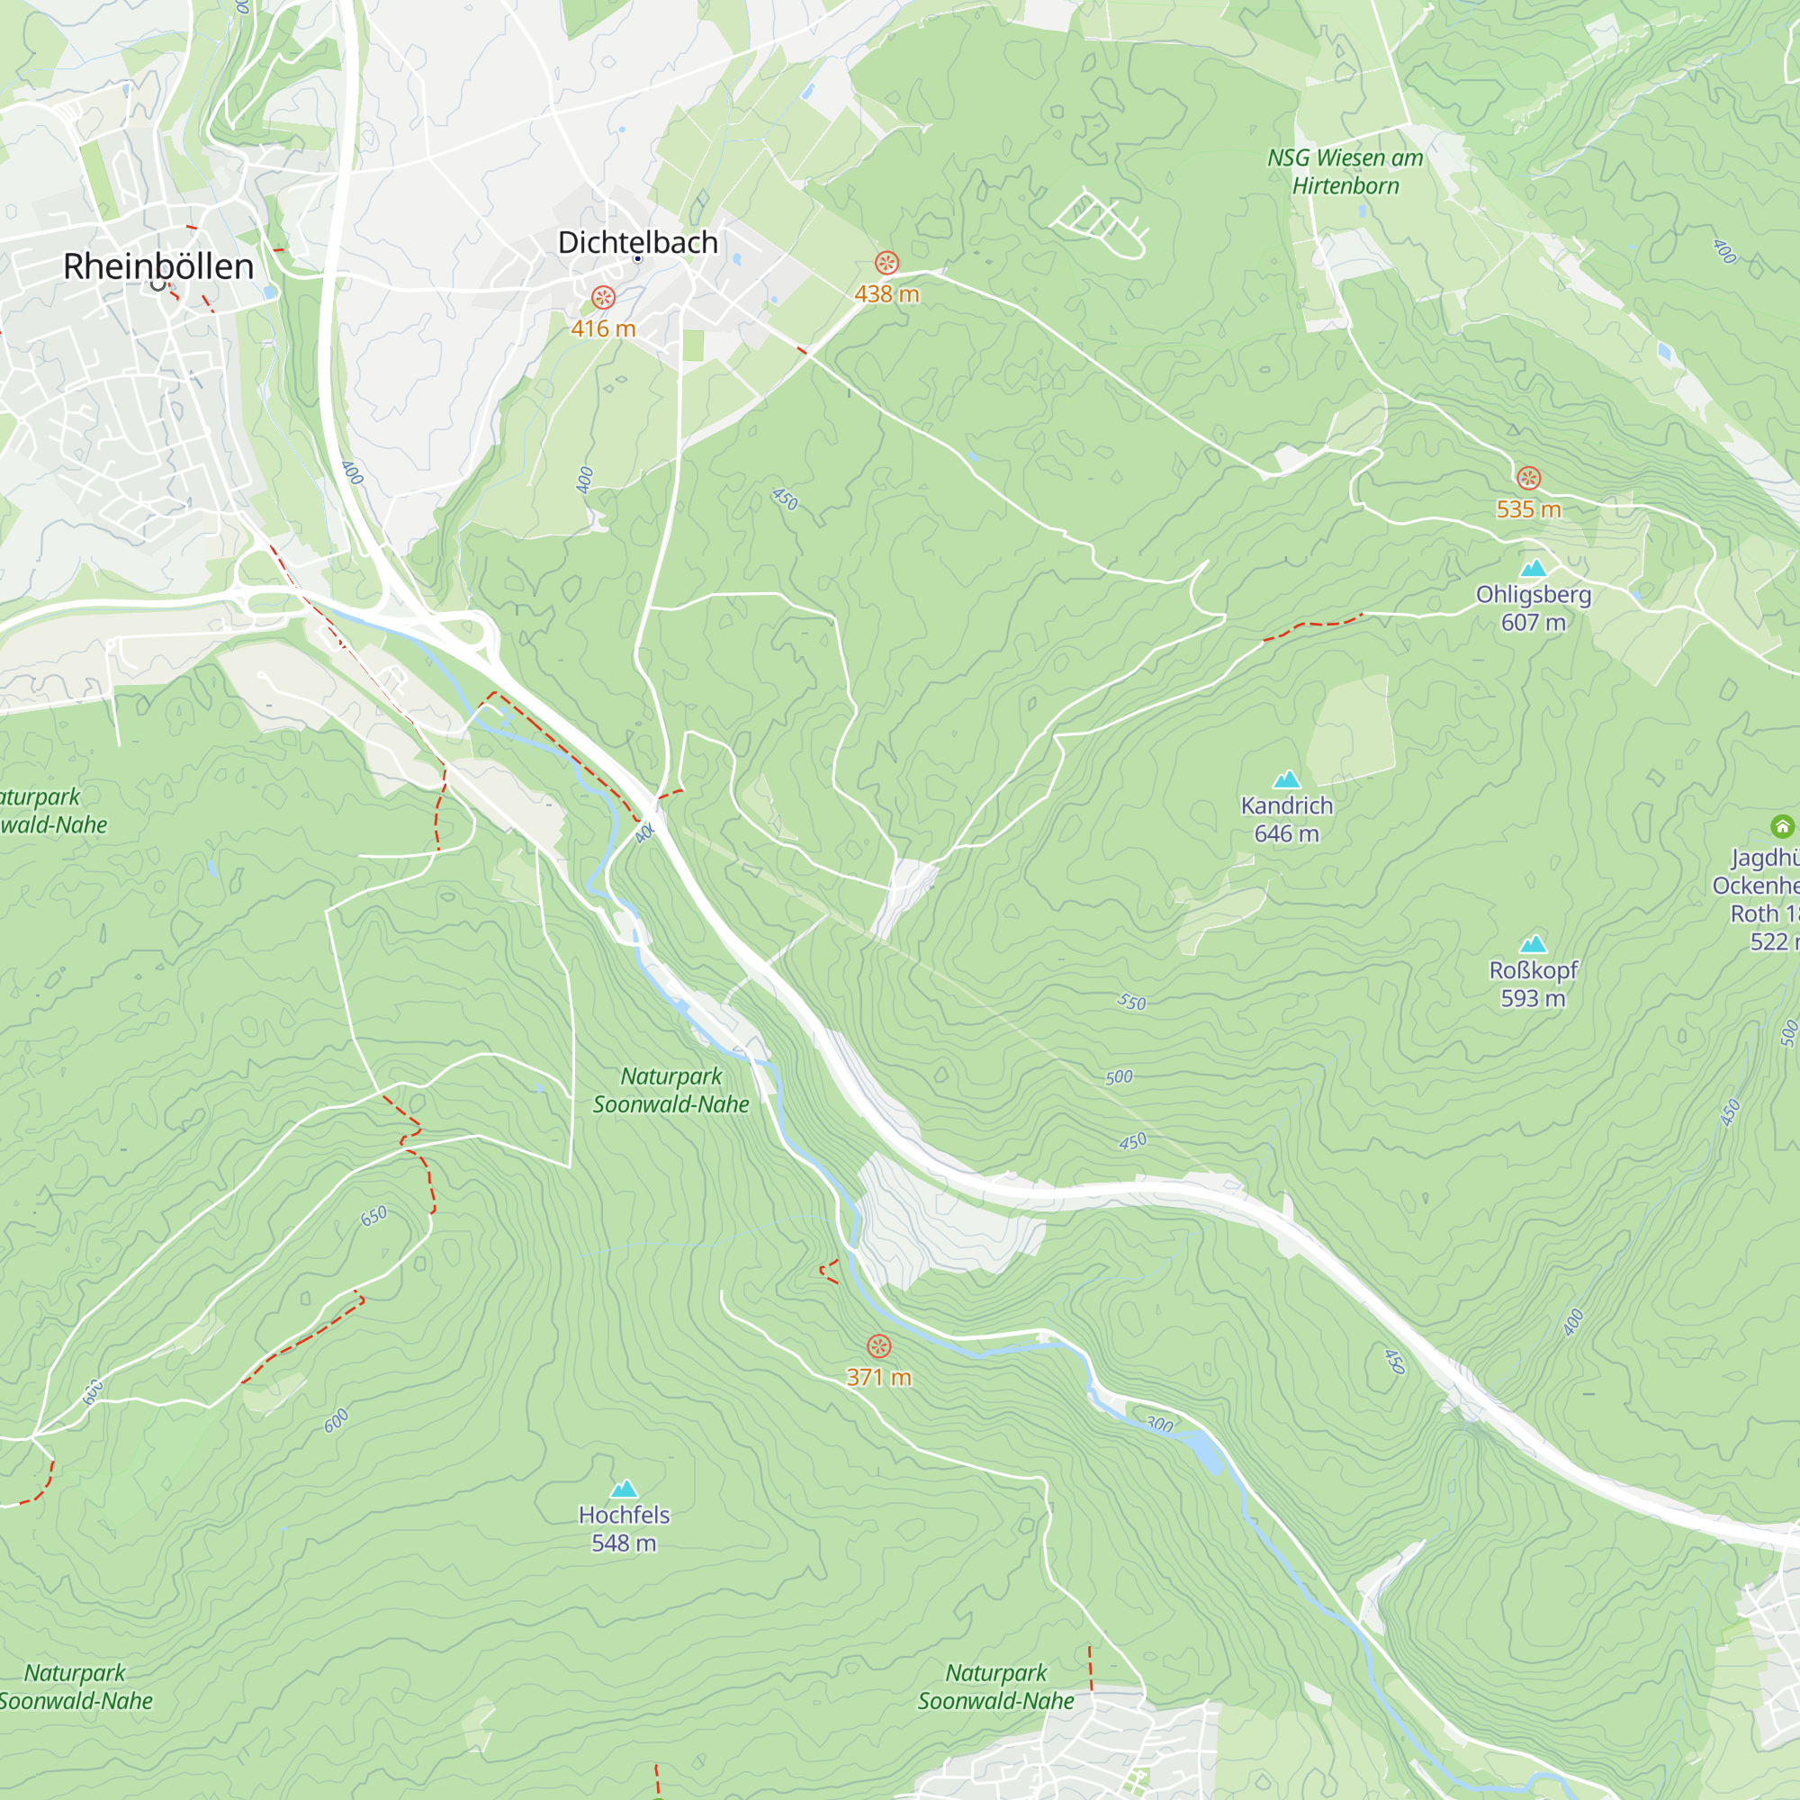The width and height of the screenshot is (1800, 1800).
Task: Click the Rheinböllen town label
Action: pos(158,266)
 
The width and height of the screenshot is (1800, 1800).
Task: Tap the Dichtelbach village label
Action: pos(637,242)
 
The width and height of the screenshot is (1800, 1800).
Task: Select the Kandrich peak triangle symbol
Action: pos(1287,778)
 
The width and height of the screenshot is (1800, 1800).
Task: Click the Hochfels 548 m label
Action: pos(624,1529)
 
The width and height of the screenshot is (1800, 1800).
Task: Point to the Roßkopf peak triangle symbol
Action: pos(1533,944)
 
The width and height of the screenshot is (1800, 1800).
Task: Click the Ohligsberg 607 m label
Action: pos(1533,607)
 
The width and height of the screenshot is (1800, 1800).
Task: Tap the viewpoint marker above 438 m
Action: pos(886,263)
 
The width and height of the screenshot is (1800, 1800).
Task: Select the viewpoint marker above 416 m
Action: pos(603,297)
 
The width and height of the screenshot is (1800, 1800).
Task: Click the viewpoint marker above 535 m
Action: pos(1528,478)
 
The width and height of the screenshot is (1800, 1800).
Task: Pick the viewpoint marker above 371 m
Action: pos(878,1345)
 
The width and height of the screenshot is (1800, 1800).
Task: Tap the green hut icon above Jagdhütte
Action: pos(1781,825)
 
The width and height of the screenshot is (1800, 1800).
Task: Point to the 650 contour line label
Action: pos(373,1216)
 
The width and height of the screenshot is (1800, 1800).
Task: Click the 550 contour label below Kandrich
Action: pos(1131,1003)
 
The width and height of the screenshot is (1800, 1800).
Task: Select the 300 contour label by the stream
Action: pos(1159,1424)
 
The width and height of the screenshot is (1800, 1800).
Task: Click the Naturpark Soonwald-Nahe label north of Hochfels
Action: pos(670,1090)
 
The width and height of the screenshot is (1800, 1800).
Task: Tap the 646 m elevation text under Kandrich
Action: pos(1287,834)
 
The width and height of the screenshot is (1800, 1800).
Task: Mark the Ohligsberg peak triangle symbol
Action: pos(1533,567)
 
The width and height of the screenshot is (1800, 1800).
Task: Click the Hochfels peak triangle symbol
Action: pos(624,1489)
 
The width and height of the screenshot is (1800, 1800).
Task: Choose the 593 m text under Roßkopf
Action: pos(1533,998)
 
